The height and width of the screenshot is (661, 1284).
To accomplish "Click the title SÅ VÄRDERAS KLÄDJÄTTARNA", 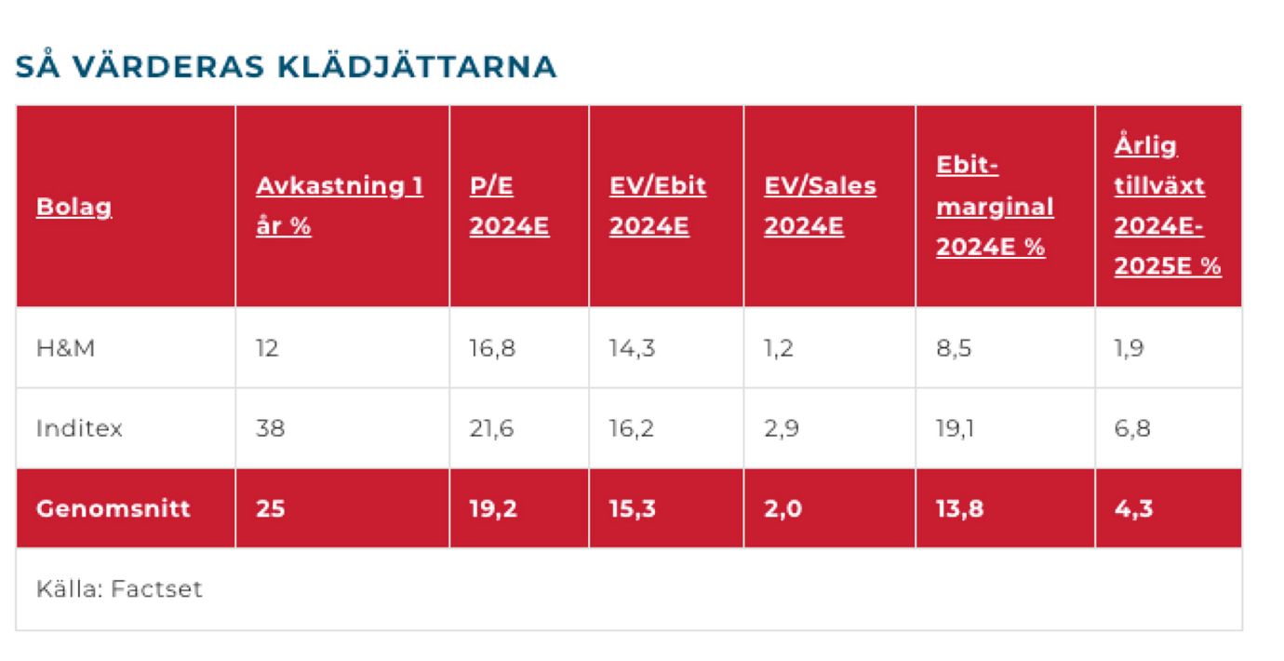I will pyautogui.click(x=287, y=67).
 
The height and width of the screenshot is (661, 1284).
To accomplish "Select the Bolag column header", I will pyautogui.click(x=74, y=206).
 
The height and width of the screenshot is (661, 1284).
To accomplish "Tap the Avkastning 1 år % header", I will pyautogui.click(x=339, y=206).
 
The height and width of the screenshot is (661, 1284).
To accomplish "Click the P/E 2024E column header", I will pyautogui.click(x=509, y=206).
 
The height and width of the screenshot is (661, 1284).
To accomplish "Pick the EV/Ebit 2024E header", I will pyautogui.click(x=657, y=206).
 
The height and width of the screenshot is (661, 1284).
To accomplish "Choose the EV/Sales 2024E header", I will pyautogui.click(x=820, y=206).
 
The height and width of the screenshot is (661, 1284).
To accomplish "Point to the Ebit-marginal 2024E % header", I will pyautogui.click(x=995, y=206).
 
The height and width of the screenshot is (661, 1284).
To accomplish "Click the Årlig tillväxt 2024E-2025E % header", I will pyautogui.click(x=1167, y=206).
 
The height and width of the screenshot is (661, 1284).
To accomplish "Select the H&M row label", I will pyautogui.click(x=65, y=348).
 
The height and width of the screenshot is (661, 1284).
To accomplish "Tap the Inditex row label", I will pyautogui.click(x=79, y=428).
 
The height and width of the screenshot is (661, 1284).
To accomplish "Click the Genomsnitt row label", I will pyautogui.click(x=113, y=509).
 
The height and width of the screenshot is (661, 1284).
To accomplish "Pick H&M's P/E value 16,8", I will pyautogui.click(x=491, y=348).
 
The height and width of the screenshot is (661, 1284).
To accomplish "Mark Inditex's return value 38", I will pyautogui.click(x=271, y=428).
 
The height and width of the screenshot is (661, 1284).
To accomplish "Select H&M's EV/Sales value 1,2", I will pyautogui.click(x=779, y=348).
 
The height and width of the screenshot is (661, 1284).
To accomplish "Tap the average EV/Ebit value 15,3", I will pyautogui.click(x=632, y=509).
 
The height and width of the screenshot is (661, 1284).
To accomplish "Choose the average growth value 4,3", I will pyautogui.click(x=1133, y=509).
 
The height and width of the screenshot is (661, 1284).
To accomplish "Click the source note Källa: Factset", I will pyautogui.click(x=119, y=589).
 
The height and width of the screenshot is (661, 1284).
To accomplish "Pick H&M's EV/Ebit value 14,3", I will pyautogui.click(x=631, y=348).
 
